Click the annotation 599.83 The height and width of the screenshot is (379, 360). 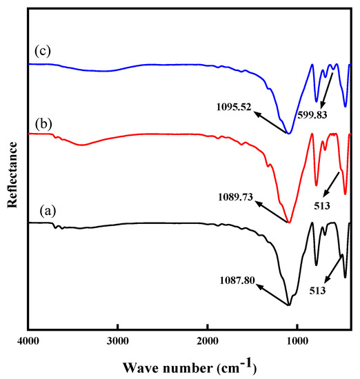click(314, 114)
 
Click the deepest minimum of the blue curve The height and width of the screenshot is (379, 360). click(290, 134)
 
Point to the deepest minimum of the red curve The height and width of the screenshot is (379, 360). click(290, 222)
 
